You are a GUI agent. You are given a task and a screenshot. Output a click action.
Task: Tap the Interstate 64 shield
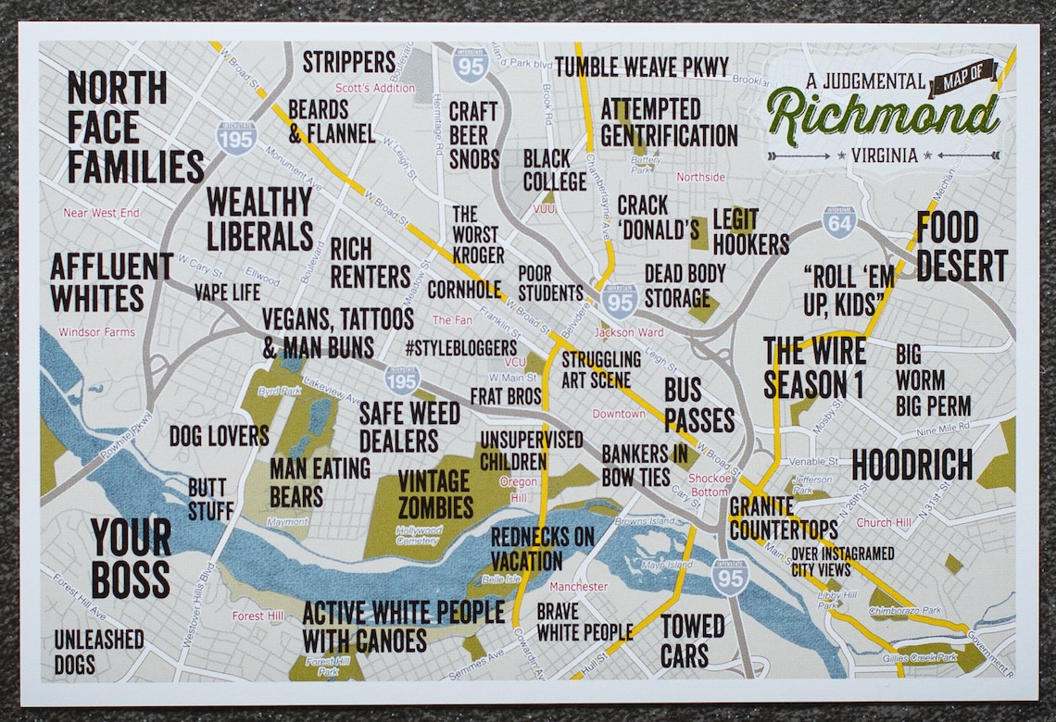click(838, 222)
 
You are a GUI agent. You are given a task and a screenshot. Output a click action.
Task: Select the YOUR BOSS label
click(131, 558)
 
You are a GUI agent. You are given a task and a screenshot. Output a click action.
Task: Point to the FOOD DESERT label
click(961, 246)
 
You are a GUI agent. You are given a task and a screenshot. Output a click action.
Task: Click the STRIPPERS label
click(349, 62)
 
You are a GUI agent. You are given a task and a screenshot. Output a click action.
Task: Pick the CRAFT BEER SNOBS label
click(473, 135)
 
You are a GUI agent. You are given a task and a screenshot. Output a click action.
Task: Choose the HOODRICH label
click(911, 465)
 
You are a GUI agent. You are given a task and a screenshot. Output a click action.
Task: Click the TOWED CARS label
click(692, 641)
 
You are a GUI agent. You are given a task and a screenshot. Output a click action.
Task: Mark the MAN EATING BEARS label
click(320, 482)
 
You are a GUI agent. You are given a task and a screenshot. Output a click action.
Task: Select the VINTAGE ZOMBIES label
click(435, 493)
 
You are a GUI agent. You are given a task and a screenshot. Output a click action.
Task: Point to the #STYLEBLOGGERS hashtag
click(460, 347)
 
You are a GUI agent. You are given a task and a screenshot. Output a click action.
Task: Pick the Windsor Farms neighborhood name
click(96, 332)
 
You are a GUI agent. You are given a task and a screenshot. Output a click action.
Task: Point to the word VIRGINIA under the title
click(885, 156)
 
